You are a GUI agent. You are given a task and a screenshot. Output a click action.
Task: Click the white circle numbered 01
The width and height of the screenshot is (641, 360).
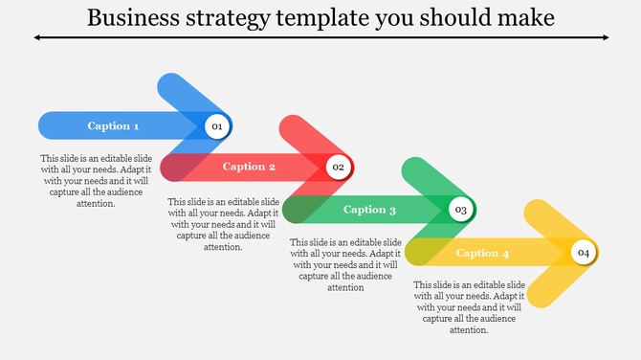216,126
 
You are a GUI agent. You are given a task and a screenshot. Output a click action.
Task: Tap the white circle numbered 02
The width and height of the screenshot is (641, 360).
338,168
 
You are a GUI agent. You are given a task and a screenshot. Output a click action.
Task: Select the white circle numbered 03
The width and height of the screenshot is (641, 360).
460,210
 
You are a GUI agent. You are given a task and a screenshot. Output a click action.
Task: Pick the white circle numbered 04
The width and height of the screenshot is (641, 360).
583,253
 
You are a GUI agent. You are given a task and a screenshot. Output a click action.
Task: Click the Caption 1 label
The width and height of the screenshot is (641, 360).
114,126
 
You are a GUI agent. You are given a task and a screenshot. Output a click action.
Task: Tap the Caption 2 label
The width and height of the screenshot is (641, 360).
250,167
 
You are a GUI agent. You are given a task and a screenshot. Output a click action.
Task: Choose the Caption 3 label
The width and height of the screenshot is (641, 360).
369,210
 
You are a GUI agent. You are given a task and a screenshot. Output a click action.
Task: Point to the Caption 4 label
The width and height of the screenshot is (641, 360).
482,254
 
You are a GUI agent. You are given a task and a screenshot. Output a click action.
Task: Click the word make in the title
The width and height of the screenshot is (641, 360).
526,18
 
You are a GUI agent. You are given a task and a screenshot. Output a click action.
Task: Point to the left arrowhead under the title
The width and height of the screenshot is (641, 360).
36,37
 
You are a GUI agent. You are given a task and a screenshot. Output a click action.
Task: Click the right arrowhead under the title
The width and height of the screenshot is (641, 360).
606,37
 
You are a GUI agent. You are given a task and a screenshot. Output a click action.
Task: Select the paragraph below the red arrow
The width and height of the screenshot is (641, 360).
223,224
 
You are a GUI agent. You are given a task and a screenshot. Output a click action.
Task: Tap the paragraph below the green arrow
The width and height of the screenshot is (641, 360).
345,264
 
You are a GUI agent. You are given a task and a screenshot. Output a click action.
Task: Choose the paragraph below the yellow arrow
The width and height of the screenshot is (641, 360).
469,307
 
